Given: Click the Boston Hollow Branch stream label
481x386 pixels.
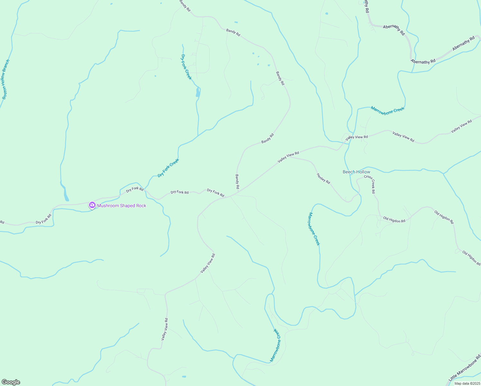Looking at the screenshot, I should click(6, 79).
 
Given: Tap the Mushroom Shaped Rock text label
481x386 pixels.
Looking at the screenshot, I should click(122, 206).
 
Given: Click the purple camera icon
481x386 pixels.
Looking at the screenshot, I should click(92, 205).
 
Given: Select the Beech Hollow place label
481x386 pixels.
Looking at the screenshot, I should click(356, 172).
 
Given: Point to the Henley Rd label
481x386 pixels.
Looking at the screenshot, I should click(323, 179).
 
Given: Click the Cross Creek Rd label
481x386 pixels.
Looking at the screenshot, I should click(369, 184).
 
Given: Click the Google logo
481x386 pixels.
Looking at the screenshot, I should click(11, 382).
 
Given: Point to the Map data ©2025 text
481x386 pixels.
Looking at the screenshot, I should click(467, 383).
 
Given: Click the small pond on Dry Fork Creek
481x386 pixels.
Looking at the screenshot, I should click(198, 93).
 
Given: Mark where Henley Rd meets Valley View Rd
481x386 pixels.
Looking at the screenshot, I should click(290, 157).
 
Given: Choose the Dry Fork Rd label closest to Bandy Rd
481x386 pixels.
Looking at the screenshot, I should click(215, 193).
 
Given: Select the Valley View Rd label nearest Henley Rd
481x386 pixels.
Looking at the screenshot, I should click(288, 157).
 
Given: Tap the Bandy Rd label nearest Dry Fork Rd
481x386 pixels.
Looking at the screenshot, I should click(237, 182).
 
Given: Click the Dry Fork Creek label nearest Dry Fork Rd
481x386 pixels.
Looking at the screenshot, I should click(168, 168).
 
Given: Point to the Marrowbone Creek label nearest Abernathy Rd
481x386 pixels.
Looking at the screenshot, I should click(387, 109).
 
